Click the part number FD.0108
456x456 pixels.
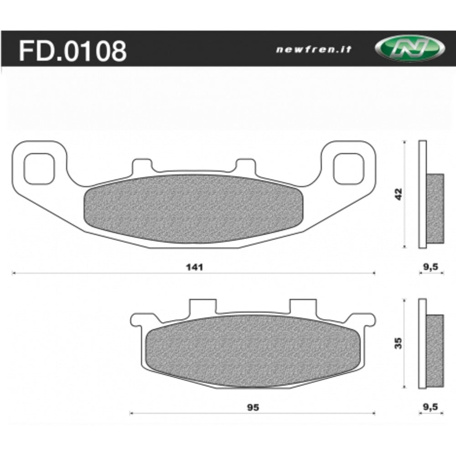pyautogui.click(x=72, y=51)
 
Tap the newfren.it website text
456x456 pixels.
pyautogui.click(x=314, y=50)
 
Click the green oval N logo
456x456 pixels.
pyautogui.click(x=409, y=48)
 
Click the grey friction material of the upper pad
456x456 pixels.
pyautogui.click(x=194, y=208)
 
